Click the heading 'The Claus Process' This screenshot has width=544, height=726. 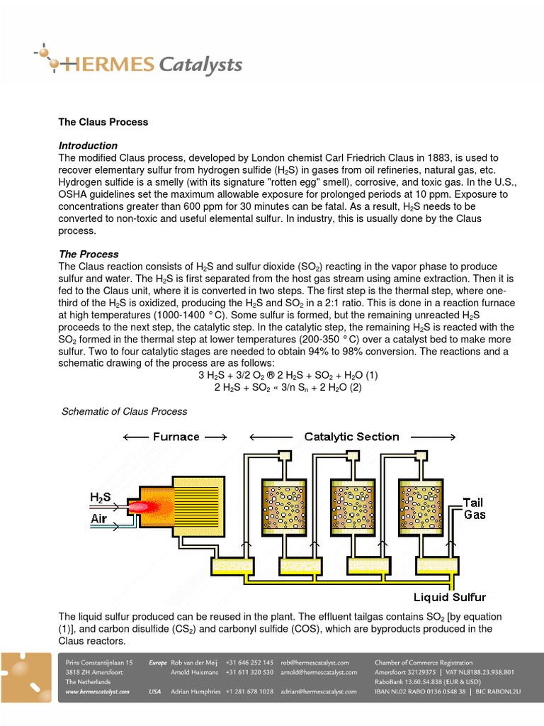pyautogui.click(x=103, y=122)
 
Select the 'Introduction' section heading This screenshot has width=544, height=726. pyautogui.click(x=88, y=145)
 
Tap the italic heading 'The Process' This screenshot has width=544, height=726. pyautogui.click(x=89, y=254)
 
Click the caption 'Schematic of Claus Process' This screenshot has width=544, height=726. pyautogui.click(x=125, y=411)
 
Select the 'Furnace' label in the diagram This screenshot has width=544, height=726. pyautogui.click(x=176, y=437)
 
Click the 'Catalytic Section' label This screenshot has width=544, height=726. pyautogui.click(x=351, y=437)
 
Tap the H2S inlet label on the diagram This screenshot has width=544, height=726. pyautogui.click(x=100, y=498)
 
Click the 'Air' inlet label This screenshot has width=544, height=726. pyautogui.click(x=99, y=519)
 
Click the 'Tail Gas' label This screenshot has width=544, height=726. pyautogui.click(x=474, y=508)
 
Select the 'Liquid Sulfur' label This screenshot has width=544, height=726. pyautogui.click(x=450, y=597)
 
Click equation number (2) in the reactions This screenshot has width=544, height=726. pyautogui.click(x=354, y=388)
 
